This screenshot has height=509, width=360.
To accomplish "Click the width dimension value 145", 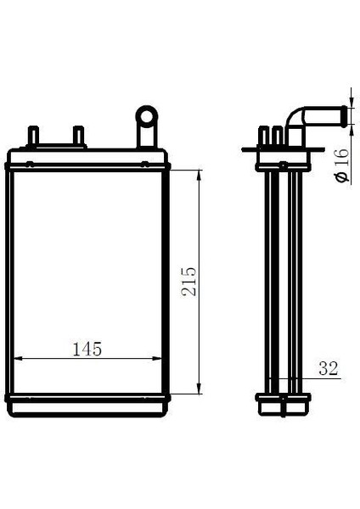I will (x=87, y=349).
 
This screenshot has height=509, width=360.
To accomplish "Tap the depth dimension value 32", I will (x=329, y=368).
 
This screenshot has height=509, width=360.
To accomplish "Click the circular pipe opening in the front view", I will (x=147, y=114).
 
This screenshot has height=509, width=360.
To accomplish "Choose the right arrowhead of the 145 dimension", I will (x=165, y=357).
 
